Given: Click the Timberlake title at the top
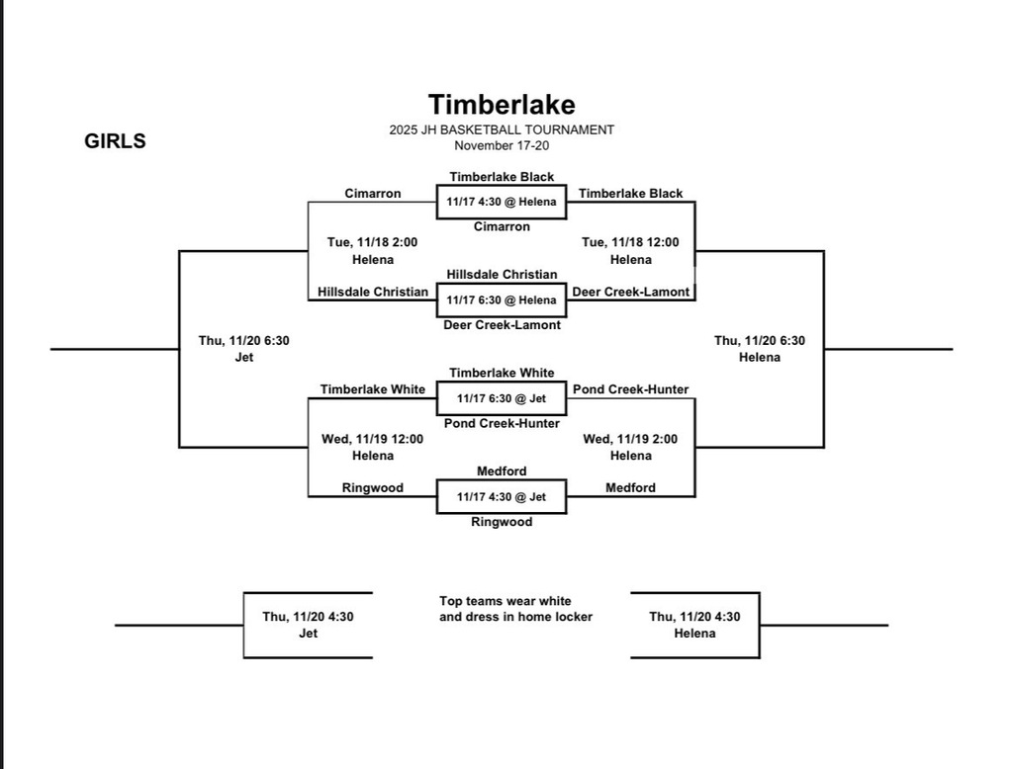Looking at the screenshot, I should tap(502, 104).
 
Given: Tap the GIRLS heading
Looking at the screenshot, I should tap(115, 141).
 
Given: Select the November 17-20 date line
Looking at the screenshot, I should tap(502, 145).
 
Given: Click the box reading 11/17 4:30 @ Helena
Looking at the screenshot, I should tap(502, 202).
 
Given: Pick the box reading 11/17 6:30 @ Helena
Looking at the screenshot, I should tap(502, 299).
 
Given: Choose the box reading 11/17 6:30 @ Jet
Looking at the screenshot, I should tap(502, 398).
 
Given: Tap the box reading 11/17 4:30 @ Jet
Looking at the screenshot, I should tap(502, 497).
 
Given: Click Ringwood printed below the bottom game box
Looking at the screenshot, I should tap(502, 522).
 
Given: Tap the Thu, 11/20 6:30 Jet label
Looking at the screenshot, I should tap(243, 348).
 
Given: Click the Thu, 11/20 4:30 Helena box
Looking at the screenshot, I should tap(694, 625).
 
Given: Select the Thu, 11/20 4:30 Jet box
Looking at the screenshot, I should tap(308, 625).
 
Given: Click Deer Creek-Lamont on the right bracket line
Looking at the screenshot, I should tap(631, 292).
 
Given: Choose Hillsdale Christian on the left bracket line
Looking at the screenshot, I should tap(373, 292).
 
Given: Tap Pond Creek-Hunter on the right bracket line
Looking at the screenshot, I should tap(631, 389).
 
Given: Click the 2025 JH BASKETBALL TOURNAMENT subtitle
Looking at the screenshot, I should tap(502, 129).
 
